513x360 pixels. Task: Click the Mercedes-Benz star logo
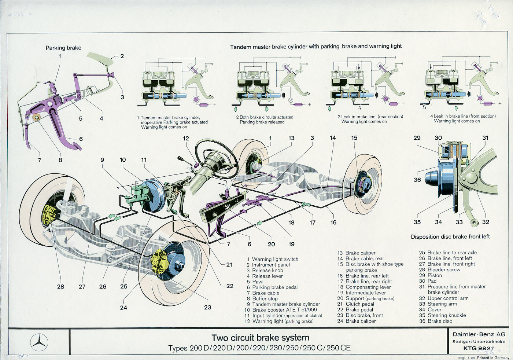tap(39, 342)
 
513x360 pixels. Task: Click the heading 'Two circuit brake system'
tap(260, 338)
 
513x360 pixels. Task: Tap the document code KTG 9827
tap(478, 348)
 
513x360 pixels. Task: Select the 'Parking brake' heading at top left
tap(63, 48)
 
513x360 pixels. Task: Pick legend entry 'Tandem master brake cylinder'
tap(286, 304)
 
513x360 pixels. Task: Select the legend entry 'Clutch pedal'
tap(360, 304)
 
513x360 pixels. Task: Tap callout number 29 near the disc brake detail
tap(417, 138)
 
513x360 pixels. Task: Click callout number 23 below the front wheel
tap(207, 307)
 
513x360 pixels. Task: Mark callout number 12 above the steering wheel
tap(186, 138)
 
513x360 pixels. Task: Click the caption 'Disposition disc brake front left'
tap(450, 237)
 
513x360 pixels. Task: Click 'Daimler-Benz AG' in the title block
tap(479, 334)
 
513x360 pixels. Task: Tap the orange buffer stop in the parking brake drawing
tap(36, 117)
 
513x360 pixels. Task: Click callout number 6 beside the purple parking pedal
tap(81, 139)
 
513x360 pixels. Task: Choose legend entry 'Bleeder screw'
tap(444, 269)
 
